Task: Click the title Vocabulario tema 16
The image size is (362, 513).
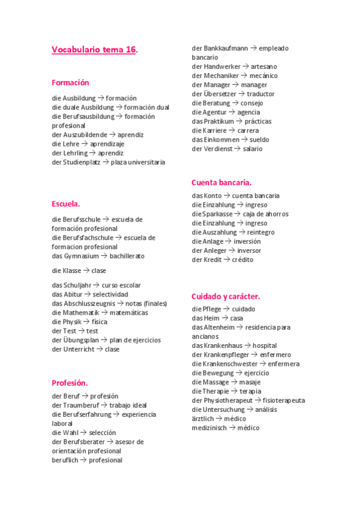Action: [x=94, y=50]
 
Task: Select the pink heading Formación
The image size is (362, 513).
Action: [x=70, y=83]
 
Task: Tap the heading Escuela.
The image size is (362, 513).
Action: [x=66, y=204]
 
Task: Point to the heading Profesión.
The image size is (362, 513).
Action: [x=69, y=383]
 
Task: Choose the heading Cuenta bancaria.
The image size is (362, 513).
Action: [x=221, y=182]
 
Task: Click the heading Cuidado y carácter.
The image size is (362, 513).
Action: [x=225, y=296]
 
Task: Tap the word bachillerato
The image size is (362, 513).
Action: [x=127, y=256]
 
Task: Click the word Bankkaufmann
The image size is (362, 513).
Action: [x=226, y=48]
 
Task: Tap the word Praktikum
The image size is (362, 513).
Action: [x=219, y=121]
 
